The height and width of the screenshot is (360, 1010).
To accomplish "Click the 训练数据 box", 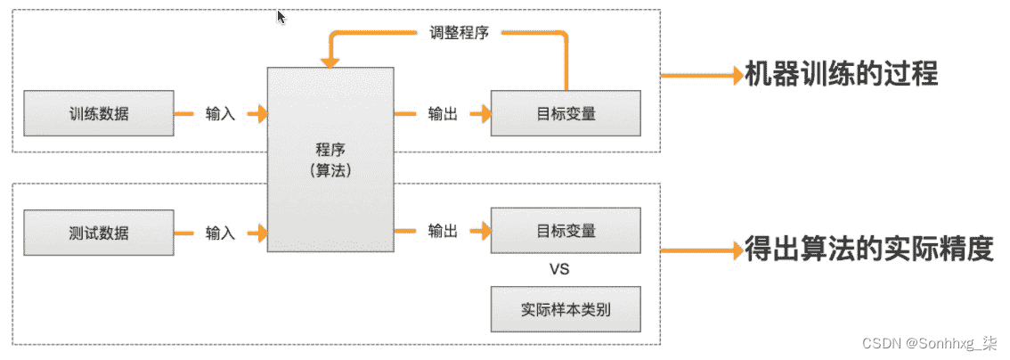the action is point(99,113).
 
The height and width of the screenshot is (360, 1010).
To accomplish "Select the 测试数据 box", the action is point(99,232).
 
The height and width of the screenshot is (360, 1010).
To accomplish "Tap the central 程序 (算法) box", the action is point(330,160).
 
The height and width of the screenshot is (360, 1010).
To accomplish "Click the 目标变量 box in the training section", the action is point(566,113).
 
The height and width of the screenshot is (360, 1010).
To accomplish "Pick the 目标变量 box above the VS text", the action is point(566,231).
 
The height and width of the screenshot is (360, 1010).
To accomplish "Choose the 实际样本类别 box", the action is point(566,309).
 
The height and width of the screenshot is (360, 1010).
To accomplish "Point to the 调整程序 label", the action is point(460,32).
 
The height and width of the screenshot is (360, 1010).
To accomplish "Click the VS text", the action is point(560,269).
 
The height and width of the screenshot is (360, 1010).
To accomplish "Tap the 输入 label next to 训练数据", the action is point(220,115).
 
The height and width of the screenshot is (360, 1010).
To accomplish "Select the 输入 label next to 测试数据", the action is point(220,233).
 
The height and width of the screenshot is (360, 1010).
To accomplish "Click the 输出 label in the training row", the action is point(443,115).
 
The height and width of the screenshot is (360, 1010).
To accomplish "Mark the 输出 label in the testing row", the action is point(443,231).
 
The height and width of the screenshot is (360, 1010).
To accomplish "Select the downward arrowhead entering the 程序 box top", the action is point(330,61).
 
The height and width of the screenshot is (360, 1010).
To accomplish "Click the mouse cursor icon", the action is point(281,16).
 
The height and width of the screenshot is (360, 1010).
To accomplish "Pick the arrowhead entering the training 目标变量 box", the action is point(485,114).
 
